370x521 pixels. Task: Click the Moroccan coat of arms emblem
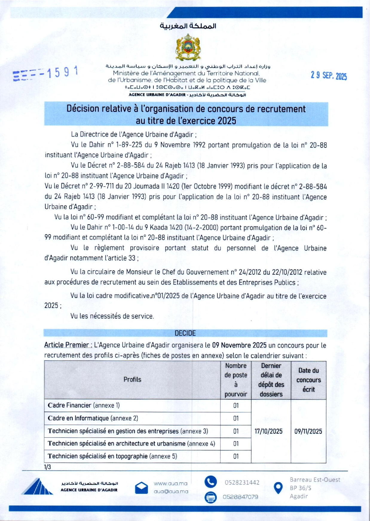pyautogui.click(x=187, y=47)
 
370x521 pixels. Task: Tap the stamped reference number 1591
pyautogui.click(x=63, y=72)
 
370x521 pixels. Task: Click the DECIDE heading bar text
pyautogui.click(x=185, y=333)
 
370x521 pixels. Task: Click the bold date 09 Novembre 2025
pyautogui.click(x=239, y=345)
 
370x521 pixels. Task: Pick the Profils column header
pyautogui.click(x=132, y=380)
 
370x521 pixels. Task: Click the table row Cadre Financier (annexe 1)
pyautogui.click(x=84, y=405)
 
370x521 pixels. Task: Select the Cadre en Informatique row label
pyautogui.click(x=93, y=418)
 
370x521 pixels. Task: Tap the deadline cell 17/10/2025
pyautogui.click(x=268, y=431)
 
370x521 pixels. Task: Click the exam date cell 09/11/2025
pyautogui.click(x=308, y=431)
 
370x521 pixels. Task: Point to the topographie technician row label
pyautogui.click(x=112, y=456)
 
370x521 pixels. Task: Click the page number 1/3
pyautogui.click(x=48, y=467)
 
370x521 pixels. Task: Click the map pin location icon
pyautogui.click(x=278, y=488)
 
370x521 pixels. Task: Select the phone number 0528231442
pyautogui.click(x=242, y=482)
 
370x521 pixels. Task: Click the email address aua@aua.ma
pyautogui.click(x=171, y=491)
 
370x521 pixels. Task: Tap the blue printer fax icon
pyautogui.click(x=210, y=497)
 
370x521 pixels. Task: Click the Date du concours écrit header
pyautogui.click(x=308, y=380)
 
